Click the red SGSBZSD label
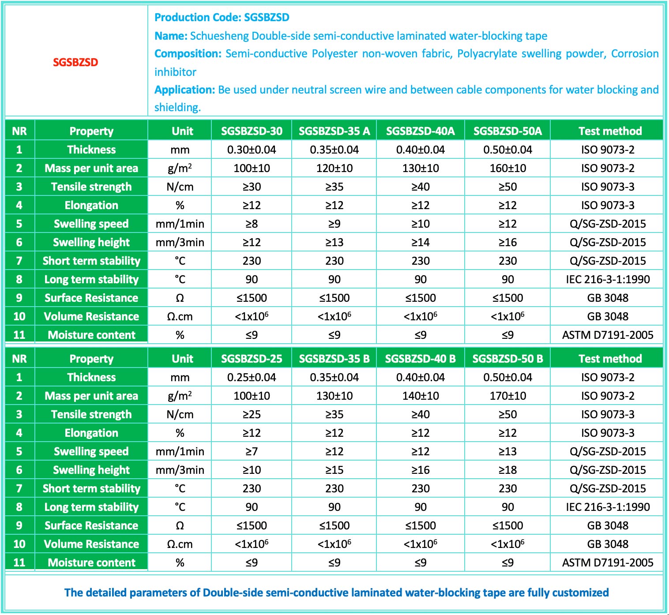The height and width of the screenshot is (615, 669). pos(75,62)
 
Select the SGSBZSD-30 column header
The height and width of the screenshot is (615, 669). pos(252,131)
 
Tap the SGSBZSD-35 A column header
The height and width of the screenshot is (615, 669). pos(334,131)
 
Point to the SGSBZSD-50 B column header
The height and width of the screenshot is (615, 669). pos(507,359)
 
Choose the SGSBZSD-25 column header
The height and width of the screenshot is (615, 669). pos(252,359)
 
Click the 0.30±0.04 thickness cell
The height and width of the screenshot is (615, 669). pos(252,150)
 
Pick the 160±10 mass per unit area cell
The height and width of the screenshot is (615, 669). pos(507,168)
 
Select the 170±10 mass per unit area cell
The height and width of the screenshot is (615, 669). pos(507,396)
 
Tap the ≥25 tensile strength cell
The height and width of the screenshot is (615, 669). pos(252,414)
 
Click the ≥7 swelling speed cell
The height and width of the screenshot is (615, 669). pos(252,451)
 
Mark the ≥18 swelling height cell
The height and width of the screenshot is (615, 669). pos(507,470)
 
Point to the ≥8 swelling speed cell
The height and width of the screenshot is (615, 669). pos(252,224)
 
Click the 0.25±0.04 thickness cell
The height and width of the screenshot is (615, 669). pos(252,377)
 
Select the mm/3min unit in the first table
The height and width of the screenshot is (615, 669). pos(180,242)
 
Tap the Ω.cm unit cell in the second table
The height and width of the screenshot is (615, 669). pos(180,544)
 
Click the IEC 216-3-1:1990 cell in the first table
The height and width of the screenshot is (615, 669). pos(608,279)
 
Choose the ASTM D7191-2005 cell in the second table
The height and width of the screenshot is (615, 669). pos(608,562)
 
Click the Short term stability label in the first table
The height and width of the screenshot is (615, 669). pos(91,261)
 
